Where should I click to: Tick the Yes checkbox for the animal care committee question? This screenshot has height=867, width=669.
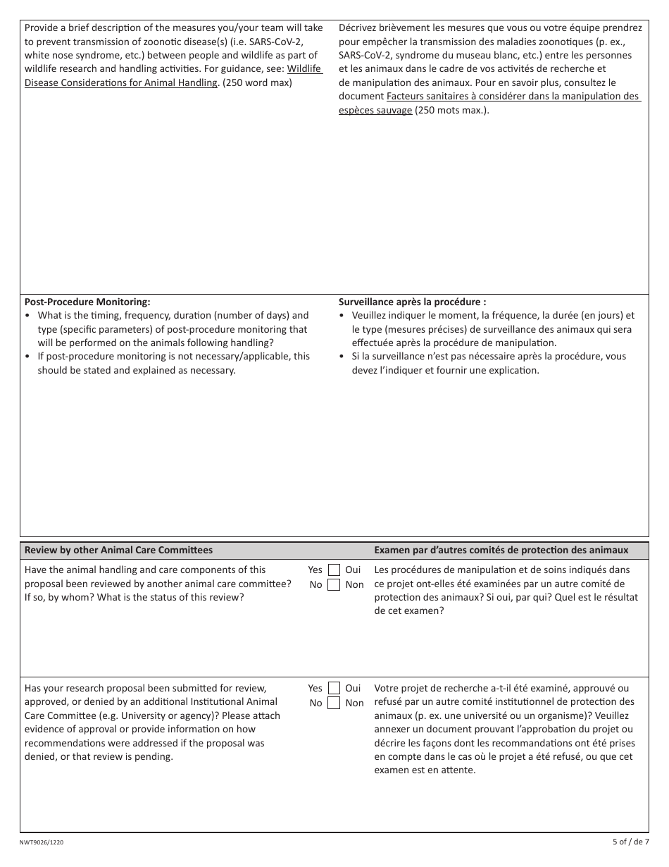click(334, 570)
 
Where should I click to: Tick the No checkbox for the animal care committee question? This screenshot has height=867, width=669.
click(334, 584)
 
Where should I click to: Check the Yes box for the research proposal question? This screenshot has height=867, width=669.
click(334, 689)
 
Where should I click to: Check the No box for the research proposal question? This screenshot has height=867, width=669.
click(334, 703)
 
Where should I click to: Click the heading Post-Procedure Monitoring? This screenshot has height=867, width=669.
click(87, 301)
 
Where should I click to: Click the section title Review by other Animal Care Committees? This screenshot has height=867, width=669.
click(118, 550)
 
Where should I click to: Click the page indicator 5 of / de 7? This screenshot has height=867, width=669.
click(630, 842)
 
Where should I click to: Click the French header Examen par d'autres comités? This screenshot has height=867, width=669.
click(501, 550)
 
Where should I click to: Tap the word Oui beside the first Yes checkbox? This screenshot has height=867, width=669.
click(353, 570)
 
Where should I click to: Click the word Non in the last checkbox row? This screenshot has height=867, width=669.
click(354, 703)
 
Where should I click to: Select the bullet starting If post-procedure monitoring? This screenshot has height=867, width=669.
click(173, 363)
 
